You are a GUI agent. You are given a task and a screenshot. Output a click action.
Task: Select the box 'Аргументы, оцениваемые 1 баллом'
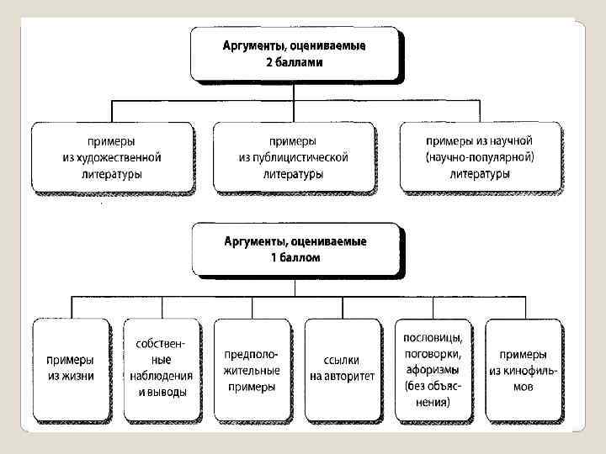295,249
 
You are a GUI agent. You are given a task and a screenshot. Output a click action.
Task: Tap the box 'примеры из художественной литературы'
112,157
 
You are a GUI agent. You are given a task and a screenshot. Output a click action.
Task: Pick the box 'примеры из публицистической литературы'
293,157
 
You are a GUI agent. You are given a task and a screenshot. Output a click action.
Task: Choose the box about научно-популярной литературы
480,157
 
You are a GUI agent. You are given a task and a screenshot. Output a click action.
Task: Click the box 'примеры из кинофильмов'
523,370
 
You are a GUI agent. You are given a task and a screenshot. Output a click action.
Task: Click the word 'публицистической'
293,157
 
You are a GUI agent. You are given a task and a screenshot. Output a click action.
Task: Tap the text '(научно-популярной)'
480,157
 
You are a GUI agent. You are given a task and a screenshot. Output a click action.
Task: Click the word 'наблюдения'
162,376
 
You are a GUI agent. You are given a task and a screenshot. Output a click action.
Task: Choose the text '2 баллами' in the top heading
295,62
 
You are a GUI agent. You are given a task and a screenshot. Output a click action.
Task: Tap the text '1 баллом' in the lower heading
295,258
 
